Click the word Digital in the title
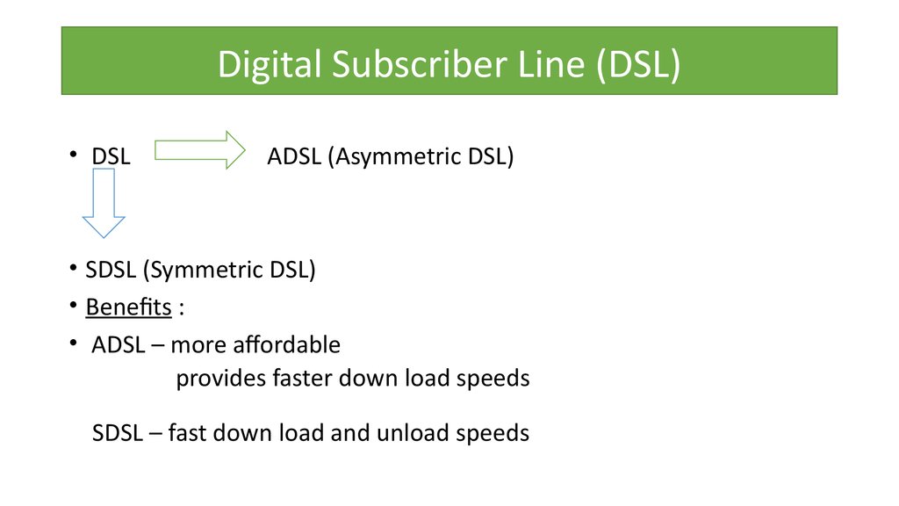(269, 64)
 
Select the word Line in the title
(551, 63)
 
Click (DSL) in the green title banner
(638, 64)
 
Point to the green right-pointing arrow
(200, 150)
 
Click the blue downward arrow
(104, 203)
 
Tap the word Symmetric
(203, 270)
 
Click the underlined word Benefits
(128, 307)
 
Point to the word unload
(413, 432)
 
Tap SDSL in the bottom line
(117, 433)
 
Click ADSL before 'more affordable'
(119, 344)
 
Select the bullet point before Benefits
(73, 305)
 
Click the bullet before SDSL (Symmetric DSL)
(73, 268)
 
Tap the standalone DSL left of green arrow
(111, 156)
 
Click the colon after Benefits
(181, 308)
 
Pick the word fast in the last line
(187, 432)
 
